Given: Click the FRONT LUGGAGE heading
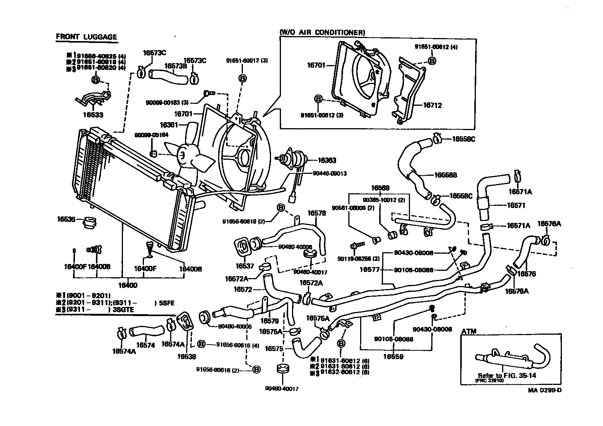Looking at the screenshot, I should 86,37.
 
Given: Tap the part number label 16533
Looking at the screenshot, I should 93,114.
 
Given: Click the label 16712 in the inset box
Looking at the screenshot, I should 432,105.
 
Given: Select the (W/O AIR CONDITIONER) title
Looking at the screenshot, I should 322,33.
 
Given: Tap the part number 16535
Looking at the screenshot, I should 67,219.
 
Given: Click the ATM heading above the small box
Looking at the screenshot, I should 469,331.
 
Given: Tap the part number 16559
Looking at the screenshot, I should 393,356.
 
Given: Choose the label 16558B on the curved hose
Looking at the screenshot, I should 445,175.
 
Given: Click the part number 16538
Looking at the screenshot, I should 187,356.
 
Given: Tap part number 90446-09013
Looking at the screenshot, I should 330,173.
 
